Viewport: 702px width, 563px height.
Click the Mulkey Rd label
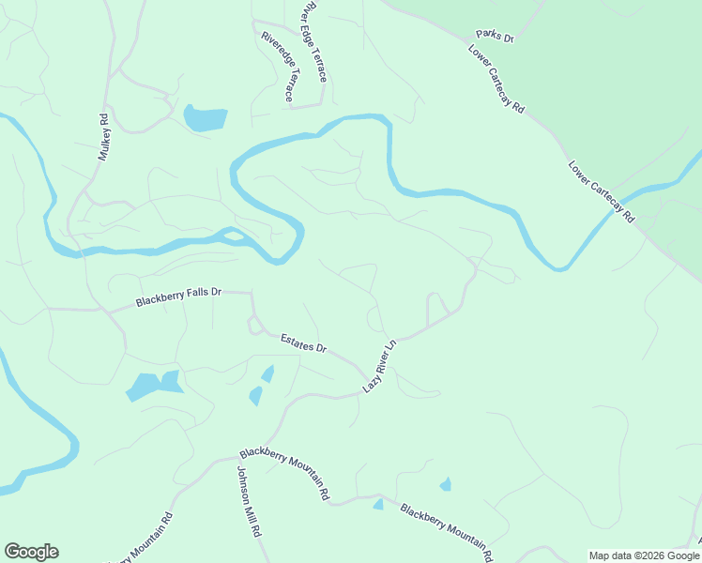pos(104,137)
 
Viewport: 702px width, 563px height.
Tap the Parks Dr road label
pos(496,37)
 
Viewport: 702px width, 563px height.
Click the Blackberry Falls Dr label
pos(177,297)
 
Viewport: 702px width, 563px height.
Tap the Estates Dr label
pos(303,342)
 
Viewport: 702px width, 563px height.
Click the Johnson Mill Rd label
pos(248,501)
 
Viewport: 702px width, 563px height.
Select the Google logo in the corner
pos(31,552)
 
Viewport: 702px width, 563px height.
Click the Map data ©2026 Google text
pos(644,555)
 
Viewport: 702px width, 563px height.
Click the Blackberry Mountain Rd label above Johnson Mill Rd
pos(284,473)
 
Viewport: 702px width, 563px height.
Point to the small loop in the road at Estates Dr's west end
pos(253,326)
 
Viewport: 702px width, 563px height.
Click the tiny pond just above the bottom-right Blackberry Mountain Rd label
pos(445,485)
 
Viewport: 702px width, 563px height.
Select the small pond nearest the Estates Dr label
pos(267,374)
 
